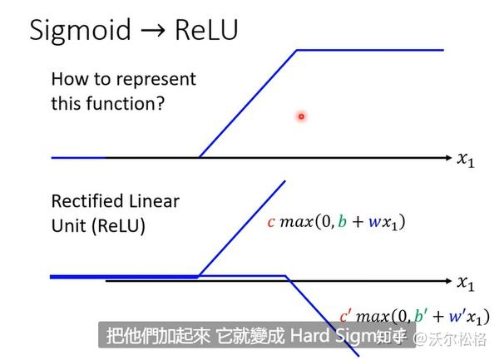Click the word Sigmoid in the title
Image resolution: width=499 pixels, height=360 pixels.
(x=81, y=31)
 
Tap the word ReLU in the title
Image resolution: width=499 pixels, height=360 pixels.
(x=206, y=31)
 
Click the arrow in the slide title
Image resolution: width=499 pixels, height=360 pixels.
(x=153, y=32)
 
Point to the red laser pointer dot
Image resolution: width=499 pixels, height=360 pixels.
(x=301, y=116)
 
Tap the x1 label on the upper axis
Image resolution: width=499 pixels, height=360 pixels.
(x=467, y=159)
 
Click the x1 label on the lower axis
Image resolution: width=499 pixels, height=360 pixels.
(x=467, y=284)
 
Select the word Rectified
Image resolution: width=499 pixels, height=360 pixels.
(x=84, y=202)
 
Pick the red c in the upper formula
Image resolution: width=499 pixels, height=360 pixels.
(x=271, y=223)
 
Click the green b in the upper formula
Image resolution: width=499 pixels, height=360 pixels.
(x=345, y=223)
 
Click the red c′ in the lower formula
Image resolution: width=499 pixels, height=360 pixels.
(x=346, y=317)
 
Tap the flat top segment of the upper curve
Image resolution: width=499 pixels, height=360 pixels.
(x=370, y=50)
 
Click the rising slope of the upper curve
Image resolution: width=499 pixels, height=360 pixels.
(x=248, y=103)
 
